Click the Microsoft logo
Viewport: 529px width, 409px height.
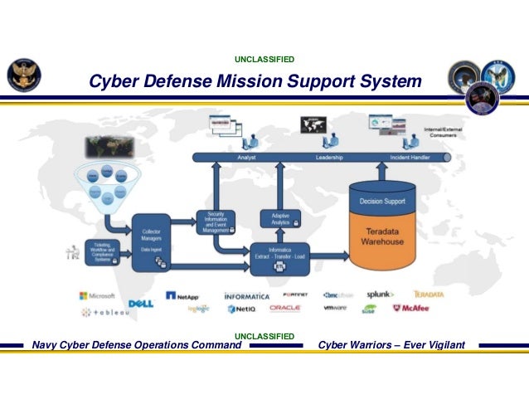(97, 295)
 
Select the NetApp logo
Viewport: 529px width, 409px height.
(182, 295)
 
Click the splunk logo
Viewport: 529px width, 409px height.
(381, 295)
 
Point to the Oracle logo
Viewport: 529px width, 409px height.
(284, 308)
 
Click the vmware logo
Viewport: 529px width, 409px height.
(334, 308)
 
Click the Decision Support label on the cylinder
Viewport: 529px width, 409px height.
(382, 200)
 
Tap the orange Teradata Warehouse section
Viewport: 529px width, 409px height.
(382, 238)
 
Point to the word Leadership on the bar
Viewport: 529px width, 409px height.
(329, 157)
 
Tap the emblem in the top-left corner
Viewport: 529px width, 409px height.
(22, 77)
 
